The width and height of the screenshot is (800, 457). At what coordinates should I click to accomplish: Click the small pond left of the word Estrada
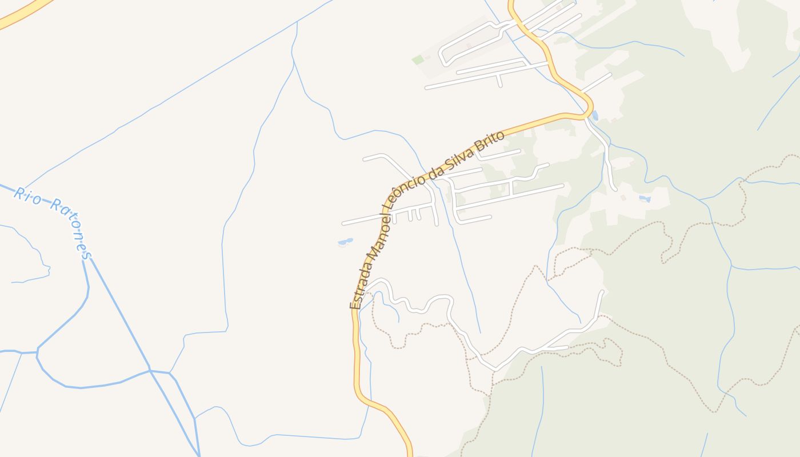[x=345, y=242]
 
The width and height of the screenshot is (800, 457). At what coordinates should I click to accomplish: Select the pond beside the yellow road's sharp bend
[x=595, y=116]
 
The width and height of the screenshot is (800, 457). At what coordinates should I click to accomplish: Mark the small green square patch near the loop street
[x=418, y=59]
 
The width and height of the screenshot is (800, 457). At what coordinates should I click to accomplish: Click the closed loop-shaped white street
[x=469, y=43]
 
